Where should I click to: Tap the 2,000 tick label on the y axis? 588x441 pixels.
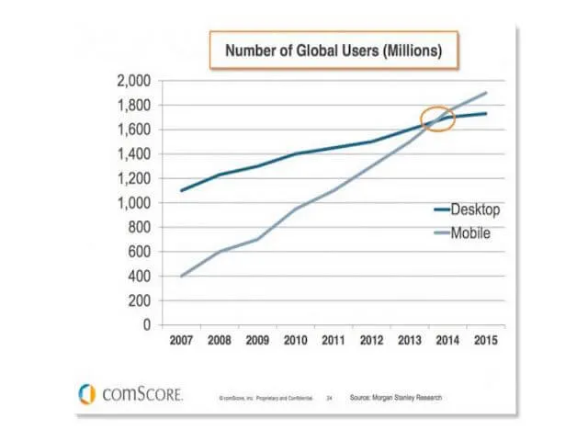[x=134, y=80]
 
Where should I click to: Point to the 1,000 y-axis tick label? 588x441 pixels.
[x=134, y=202]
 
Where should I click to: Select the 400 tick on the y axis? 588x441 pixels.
[x=141, y=277]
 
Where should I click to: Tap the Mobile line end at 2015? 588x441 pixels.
[x=485, y=93]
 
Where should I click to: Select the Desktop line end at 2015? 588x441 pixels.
[x=485, y=114]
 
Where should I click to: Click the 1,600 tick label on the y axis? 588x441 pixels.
[x=134, y=130]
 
